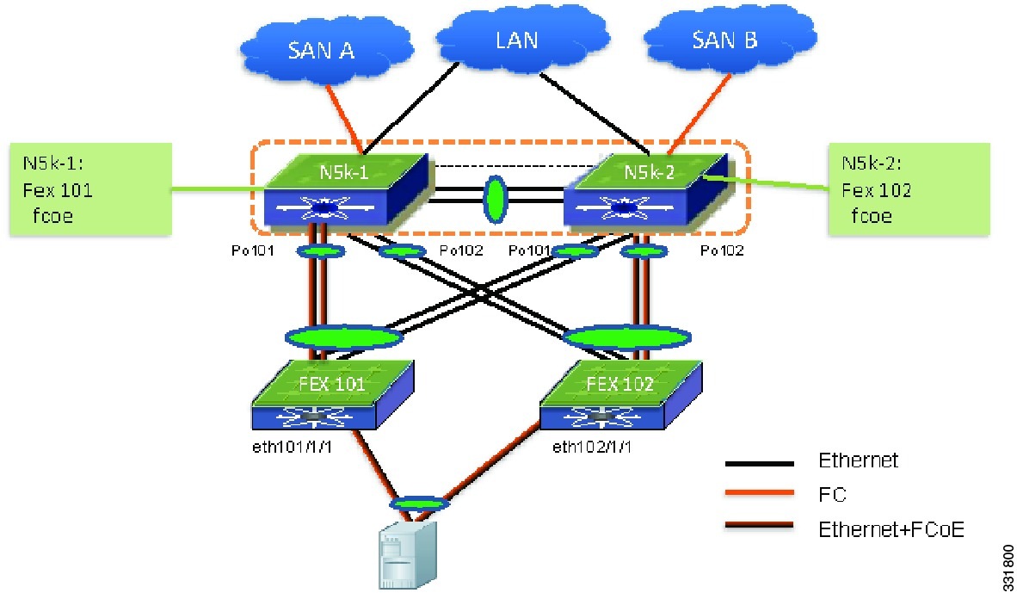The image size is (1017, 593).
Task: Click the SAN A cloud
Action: [326, 49]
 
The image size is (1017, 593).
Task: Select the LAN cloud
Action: [521, 38]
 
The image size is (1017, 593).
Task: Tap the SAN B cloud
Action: [729, 40]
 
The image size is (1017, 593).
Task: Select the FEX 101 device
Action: [333, 394]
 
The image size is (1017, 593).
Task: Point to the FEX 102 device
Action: [620, 394]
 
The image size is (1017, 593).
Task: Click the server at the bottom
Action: [407, 554]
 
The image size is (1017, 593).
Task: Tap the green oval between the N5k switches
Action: [496, 199]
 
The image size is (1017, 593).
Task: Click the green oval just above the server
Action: [419, 503]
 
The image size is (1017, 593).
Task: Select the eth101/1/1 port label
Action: [292, 447]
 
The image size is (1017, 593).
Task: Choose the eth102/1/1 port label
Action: [591, 447]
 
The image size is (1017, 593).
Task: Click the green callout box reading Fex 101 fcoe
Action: [91, 188]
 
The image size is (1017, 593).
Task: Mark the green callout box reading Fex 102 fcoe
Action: [909, 188]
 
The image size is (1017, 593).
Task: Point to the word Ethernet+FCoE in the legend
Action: [891, 529]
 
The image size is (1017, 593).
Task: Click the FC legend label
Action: [832, 494]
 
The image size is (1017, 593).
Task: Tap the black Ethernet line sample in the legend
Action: [759, 463]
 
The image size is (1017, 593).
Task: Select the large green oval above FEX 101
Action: [344, 337]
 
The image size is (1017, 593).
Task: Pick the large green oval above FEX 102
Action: [627, 337]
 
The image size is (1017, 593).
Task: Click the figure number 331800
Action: [1008, 565]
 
